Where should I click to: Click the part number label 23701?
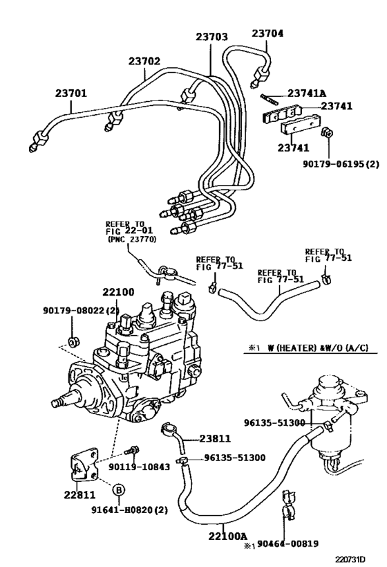pyautogui.click(x=71, y=93)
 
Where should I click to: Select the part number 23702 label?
pyautogui.click(x=144, y=61)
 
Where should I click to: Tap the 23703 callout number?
pyautogui.click(x=212, y=37)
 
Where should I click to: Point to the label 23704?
pyautogui.click(x=267, y=33)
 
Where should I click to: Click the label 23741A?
pyautogui.click(x=307, y=93)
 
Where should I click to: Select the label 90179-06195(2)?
pyautogui.click(x=341, y=164)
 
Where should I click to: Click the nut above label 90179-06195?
pyautogui.click(x=327, y=133)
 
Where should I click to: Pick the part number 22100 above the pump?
pyautogui.click(x=118, y=292)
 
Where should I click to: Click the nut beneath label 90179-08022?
pyautogui.click(x=74, y=341)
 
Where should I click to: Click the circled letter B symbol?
pyautogui.click(x=119, y=490)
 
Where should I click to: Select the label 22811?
pyautogui.click(x=79, y=495)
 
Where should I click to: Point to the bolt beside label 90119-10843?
pyautogui.click(x=132, y=450)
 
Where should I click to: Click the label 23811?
pyautogui.click(x=215, y=439)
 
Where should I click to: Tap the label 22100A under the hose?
pyautogui.click(x=227, y=537)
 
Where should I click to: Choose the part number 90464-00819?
pyautogui.click(x=288, y=543)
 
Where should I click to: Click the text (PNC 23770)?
pyautogui.click(x=132, y=240)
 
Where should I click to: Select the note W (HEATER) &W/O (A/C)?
pyautogui.click(x=318, y=348)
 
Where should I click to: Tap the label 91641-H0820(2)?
pyautogui.click(x=130, y=510)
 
